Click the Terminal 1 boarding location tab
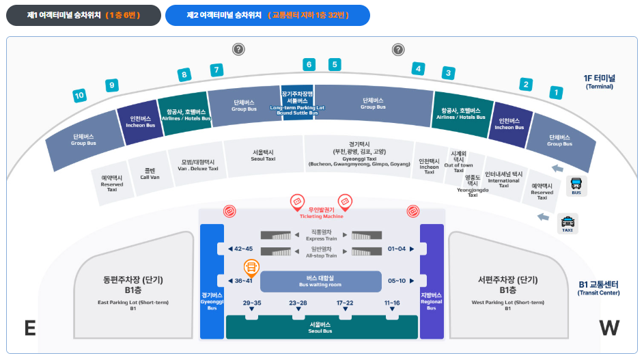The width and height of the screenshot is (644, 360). [x=83, y=15]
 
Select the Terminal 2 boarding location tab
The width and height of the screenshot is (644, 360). [x=267, y=15]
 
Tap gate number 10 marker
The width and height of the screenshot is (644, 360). [x=80, y=96]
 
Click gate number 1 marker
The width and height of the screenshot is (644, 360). [x=557, y=92]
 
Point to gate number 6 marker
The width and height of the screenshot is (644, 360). [x=309, y=65]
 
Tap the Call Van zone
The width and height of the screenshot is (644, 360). [x=150, y=173]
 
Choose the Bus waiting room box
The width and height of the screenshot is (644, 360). [x=320, y=281]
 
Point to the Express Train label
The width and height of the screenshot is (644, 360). [x=320, y=236]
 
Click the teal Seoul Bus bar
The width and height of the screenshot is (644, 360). [x=320, y=328]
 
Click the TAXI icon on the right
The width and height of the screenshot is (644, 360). [x=568, y=222]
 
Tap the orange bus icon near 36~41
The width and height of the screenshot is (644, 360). [x=251, y=268]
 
